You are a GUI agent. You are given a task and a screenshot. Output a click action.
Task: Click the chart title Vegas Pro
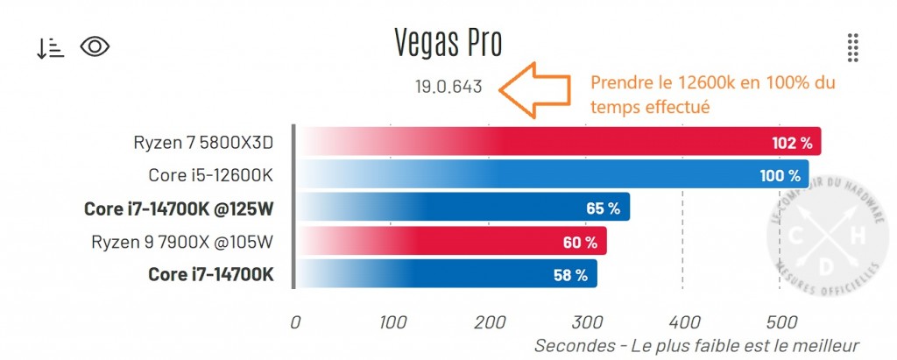coord(448,43)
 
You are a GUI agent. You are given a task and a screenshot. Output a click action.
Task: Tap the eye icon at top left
coord(95,46)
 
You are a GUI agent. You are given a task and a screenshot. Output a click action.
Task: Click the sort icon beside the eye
coord(50,48)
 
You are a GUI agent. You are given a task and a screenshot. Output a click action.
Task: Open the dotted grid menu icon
coord(852,47)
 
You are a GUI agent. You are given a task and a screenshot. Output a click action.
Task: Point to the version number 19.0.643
coord(448,88)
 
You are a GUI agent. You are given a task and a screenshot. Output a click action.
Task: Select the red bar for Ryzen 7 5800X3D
coord(561,141)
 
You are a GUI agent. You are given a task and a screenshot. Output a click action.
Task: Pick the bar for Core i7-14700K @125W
coord(464,208)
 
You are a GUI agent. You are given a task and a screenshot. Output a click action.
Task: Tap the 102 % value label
coord(792,142)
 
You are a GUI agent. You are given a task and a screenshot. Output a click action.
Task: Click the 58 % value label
coord(569,274)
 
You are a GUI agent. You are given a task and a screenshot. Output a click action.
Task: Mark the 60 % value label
coord(580,242)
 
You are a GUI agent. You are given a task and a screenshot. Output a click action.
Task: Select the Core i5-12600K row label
coord(210,174)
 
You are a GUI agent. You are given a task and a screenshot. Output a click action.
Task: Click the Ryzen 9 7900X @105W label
coord(182,241)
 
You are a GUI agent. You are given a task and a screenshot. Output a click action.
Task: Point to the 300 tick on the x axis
coord(586,321)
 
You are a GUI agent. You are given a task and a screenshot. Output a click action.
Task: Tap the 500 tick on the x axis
coord(779,321)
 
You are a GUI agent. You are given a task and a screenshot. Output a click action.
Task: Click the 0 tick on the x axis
coord(296,321)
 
